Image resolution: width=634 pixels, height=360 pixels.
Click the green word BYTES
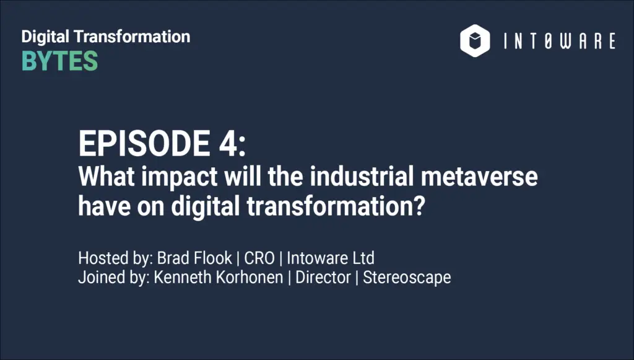point(59,61)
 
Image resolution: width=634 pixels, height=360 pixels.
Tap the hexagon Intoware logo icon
point(475,40)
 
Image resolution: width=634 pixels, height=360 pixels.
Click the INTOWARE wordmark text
point(560,42)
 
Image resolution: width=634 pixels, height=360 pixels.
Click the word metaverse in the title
point(479,177)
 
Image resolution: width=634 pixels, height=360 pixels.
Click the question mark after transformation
point(420,206)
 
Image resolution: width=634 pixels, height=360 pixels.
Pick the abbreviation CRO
point(259,258)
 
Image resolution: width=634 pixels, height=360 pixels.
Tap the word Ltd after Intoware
point(363,258)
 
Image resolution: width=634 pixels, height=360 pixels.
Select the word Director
point(323,278)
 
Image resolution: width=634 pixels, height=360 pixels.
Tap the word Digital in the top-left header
point(45,37)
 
